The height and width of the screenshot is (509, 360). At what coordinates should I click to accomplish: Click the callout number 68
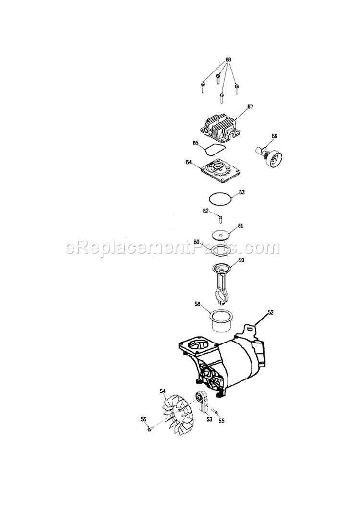[228, 59]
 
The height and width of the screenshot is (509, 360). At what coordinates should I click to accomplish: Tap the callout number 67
[250, 107]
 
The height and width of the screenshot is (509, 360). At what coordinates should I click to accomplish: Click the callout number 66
[275, 136]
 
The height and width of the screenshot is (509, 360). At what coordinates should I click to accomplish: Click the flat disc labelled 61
[221, 235]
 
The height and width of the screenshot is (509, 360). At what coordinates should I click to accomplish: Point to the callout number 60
[196, 242]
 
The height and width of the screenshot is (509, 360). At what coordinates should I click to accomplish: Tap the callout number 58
[197, 304]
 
